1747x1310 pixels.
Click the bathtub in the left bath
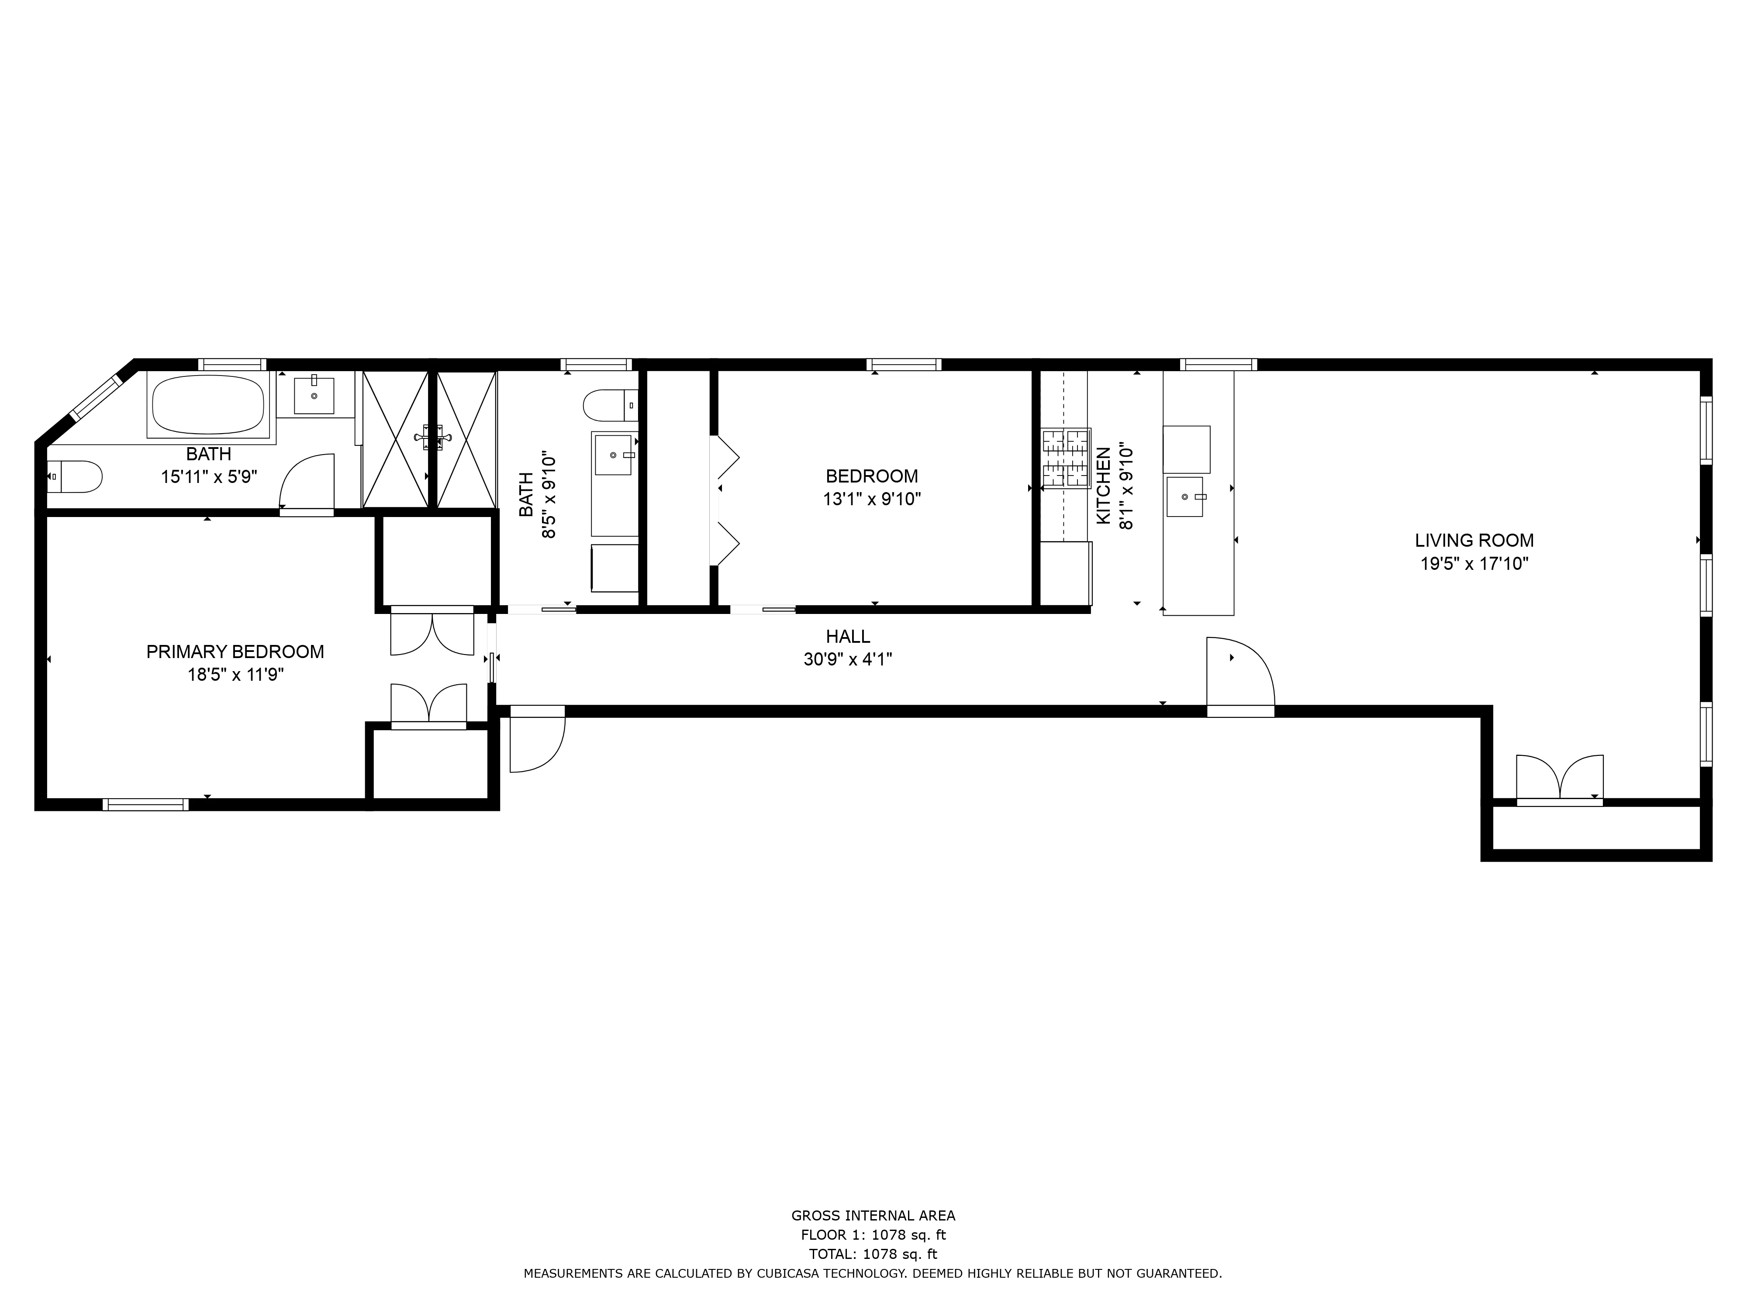[x=208, y=404]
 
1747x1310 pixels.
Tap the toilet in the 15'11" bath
[x=75, y=477]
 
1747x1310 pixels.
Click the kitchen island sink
[x=1184, y=496]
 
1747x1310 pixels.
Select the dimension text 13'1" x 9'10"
[x=871, y=499]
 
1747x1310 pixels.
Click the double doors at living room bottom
[x=1559, y=779]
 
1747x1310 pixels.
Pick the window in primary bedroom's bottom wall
[x=145, y=805]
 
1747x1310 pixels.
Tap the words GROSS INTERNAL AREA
[x=873, y=1216]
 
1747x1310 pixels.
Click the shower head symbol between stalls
[x=432, y=437]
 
